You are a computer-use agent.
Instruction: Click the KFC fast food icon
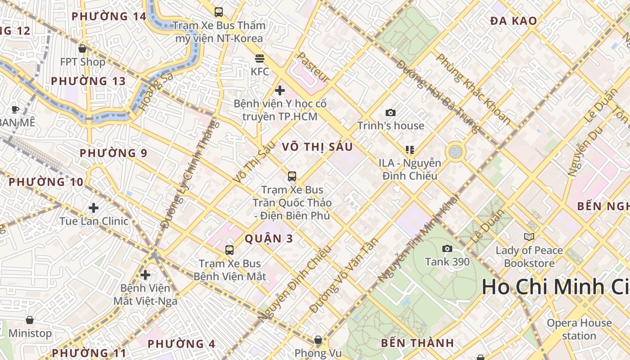pyautogui.click(x=260, y=58)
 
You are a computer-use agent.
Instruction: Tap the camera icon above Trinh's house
pyautogui.click(x=391, y=112)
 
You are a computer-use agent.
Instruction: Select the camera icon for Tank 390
pyautogui.click(x=447, y=249)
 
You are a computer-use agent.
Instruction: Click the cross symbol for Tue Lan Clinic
pyautogui.click(x=94, y=208)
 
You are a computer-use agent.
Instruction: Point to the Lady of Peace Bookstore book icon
pyautogui.click(x=529, y=237)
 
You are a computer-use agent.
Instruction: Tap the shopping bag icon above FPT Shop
pyautogui.click(x=82, y=49)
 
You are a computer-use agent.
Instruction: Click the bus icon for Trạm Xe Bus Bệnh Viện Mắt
pyautogui.click(x=229, y=250)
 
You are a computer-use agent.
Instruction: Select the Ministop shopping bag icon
pyautogui.click(x=30, y=320)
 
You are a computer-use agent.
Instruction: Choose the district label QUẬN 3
pyautogui.click(x=269, y=238)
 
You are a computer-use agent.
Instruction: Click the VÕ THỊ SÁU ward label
pyautogui.click(x=317, y=147)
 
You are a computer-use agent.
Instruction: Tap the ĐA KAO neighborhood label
pyautogui.click(x=513, y=21)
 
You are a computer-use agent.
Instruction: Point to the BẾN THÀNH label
pyautogui.click(x=417, y=343)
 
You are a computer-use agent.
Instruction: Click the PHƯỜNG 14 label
pyautogui.click(x=109, y=17)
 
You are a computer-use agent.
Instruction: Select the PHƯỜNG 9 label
pyautogui.click(x=113, y=153)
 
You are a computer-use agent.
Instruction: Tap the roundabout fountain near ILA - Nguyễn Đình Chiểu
pyautogui.click(x=455, y=152)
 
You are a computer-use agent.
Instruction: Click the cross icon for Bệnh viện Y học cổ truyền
pyautogui.click(x=280, y=90)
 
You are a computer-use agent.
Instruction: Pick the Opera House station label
pyautogui.click(x=579, y=329)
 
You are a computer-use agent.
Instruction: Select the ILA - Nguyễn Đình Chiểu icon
pyautogui.click(x=409, y=149)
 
